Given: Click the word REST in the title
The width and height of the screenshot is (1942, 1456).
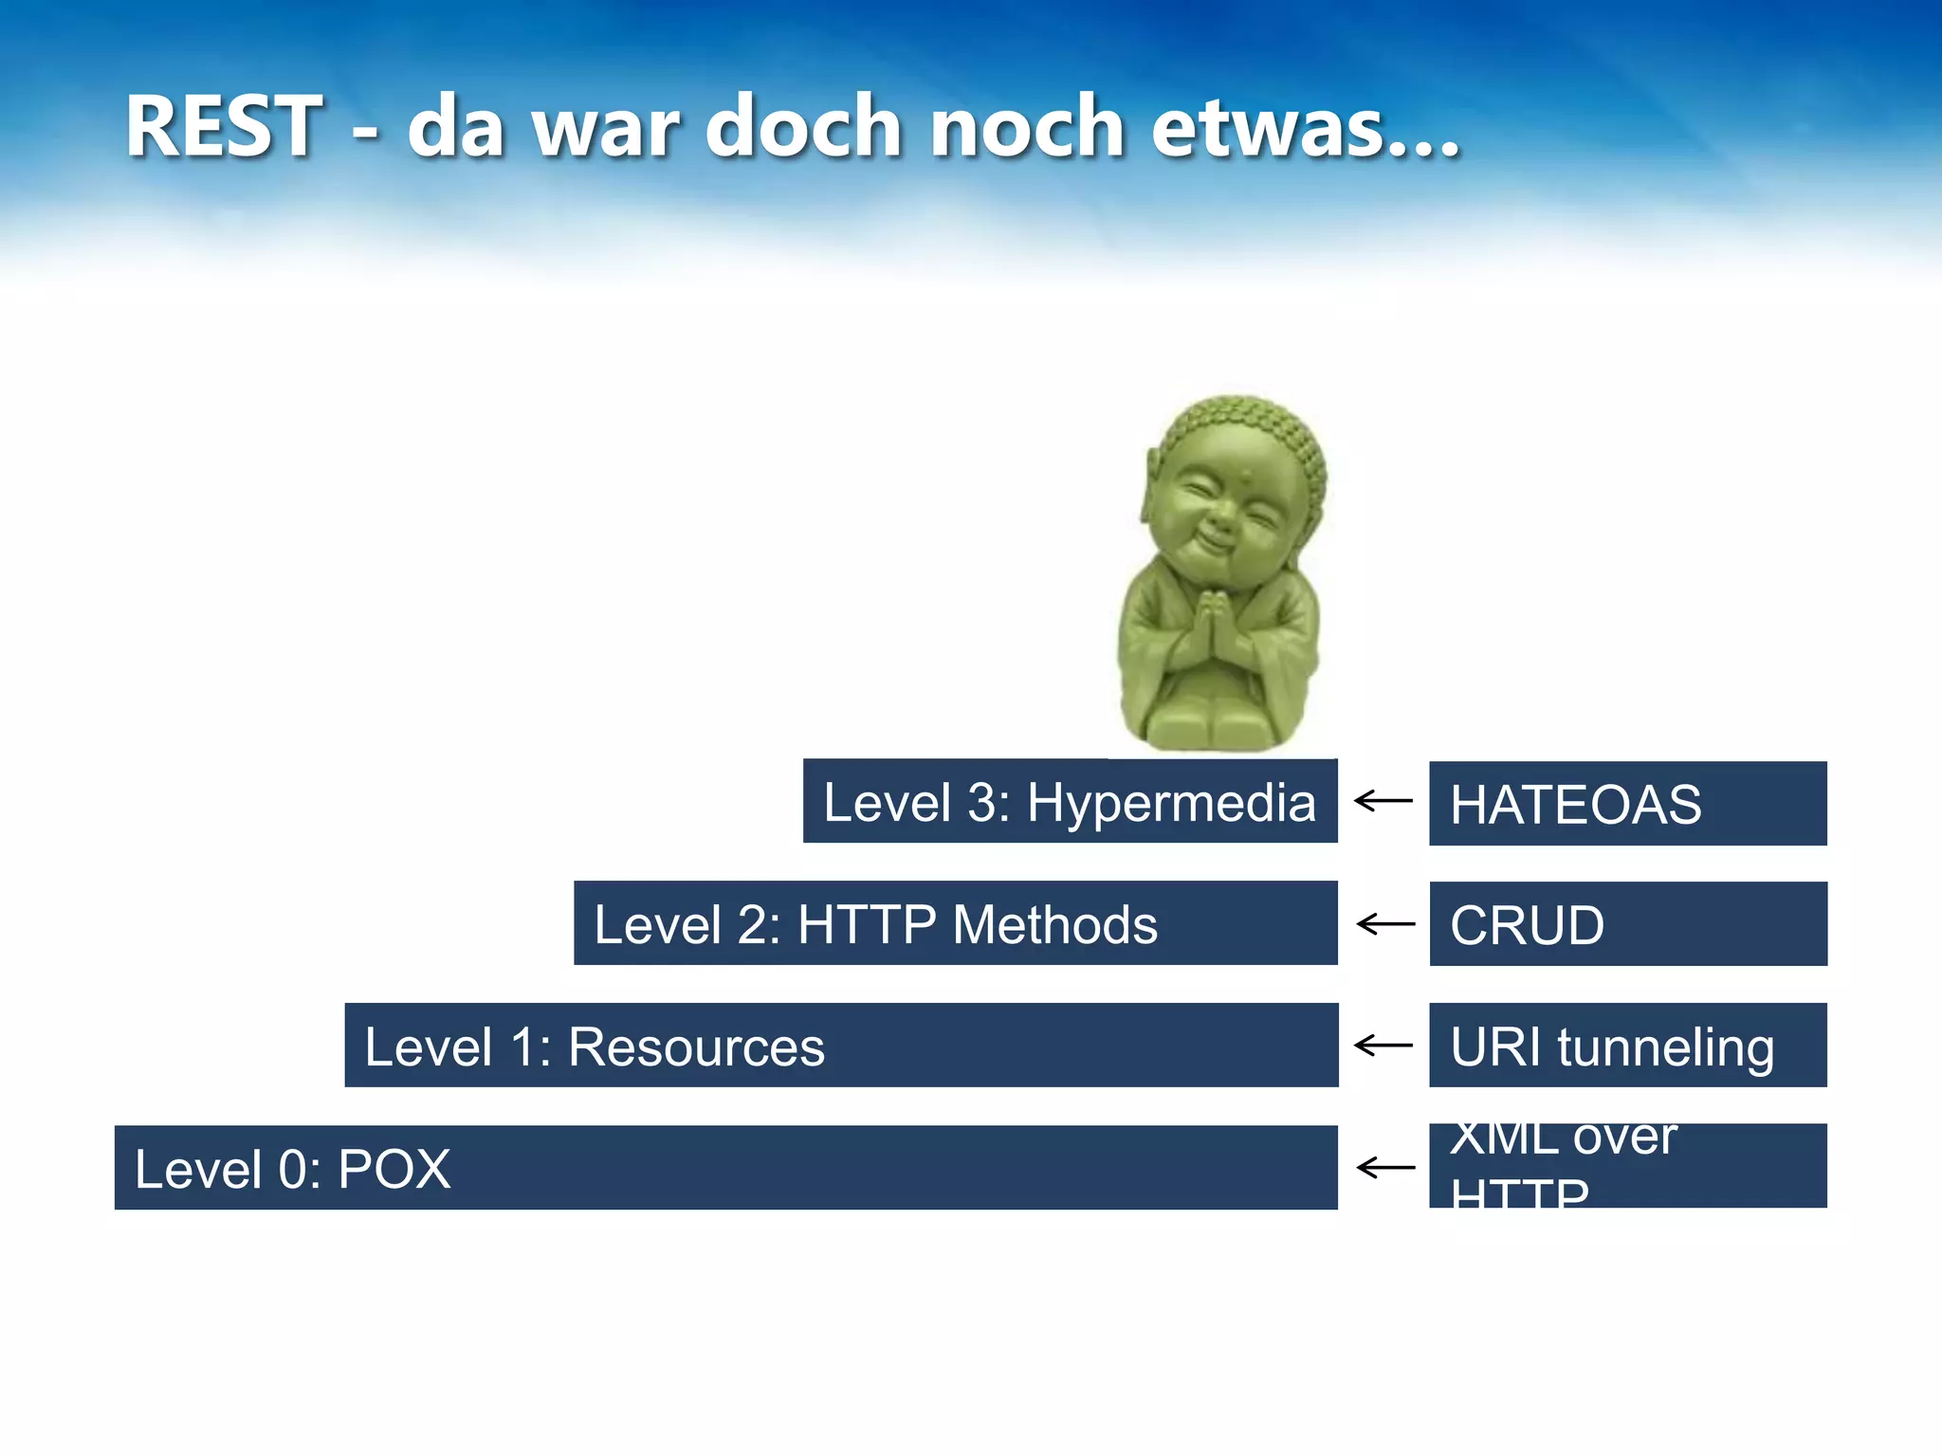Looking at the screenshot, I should pyautogui.click(x=224, y=127).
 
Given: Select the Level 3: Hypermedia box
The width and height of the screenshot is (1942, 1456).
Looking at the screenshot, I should pyautogui.click(x=1070, y=802).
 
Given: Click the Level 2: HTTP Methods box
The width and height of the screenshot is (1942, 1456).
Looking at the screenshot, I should pyautogui.click(x=956, y=923).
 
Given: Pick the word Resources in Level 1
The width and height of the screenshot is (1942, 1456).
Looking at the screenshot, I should pyautogui.click(x=696, y=1046).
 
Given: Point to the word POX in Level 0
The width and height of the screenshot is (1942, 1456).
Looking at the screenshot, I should pyautogui.click(x=394, y=1169).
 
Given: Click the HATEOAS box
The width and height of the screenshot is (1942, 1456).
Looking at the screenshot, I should pyautogui.click(x=1627, y=804).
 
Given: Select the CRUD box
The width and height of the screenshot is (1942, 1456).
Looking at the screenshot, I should pyautogui.click(x=1627, y=924).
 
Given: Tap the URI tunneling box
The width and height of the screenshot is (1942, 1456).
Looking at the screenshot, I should pyautogui.click(x=1627, y=1046).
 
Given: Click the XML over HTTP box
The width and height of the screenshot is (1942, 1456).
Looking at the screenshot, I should pyautogui.click(x=1627, y=1166).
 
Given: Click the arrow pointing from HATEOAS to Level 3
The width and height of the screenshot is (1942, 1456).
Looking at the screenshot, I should pyautogui.click(x=1383, y=801).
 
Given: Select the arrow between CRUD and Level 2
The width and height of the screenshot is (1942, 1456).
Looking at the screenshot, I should pyautogui.click(x=1385, y=923).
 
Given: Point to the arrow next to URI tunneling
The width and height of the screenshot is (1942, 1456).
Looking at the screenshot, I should pyautogui.click(x=1383, y=1046).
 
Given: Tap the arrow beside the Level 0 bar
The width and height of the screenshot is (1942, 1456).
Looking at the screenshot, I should pyautogui.click(x=1385, y=1167).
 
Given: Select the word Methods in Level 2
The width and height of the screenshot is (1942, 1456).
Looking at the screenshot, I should pyautogui.click(x=1054, y=924).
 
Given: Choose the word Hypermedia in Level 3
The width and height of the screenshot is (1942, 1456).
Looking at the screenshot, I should pyautogui.click(x=1171, y=803).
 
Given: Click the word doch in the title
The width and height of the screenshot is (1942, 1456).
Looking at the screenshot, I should pyautogui.click(x=803, y=127).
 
